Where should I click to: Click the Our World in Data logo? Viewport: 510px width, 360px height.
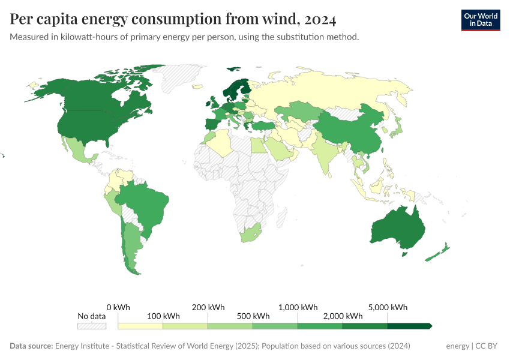[x=480, y=20]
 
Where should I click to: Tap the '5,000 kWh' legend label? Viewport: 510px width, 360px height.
[x=388, y=307]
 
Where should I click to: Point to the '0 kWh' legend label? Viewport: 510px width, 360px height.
[x=118, y=307]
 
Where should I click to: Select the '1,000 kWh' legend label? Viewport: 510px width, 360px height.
[x=298, y=307]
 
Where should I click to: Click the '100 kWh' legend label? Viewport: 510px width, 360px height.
[x=163, y=316]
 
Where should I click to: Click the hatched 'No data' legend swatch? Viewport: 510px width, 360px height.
[x=92, y=326]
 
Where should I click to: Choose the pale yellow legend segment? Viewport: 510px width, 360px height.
[x=140, y=326]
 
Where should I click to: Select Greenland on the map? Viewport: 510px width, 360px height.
[x=180, y=78]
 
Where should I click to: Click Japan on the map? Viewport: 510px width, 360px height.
[x=397, y=125]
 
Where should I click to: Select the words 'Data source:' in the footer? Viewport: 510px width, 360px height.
[x=31, y=346]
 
